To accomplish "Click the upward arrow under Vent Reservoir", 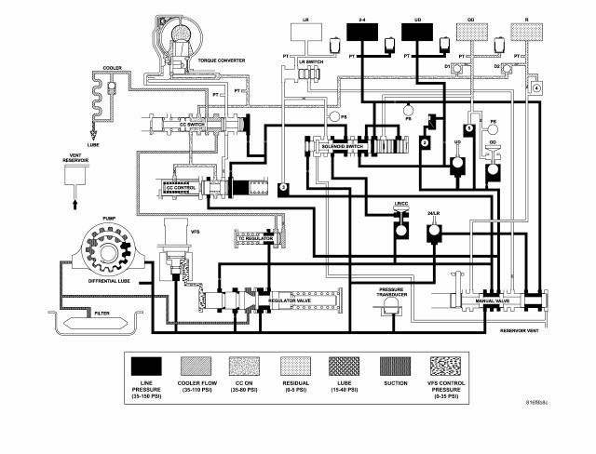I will (x=72, y=197).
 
